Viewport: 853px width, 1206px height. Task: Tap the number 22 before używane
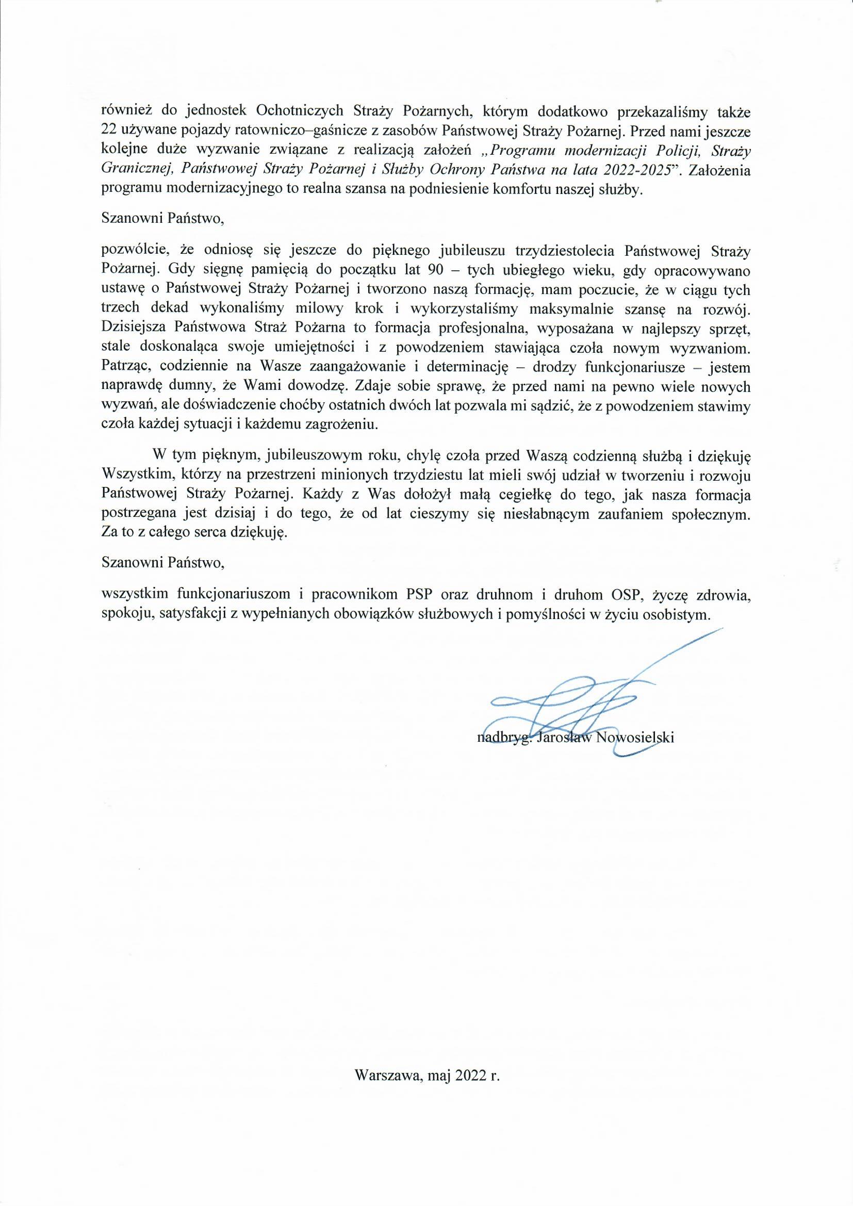pos(110,130)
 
